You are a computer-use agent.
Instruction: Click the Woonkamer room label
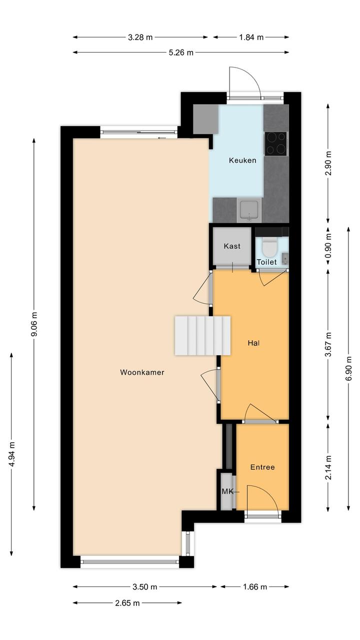pyautogui.click(x=142, y=372)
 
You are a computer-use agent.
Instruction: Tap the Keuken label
pyautogui.click(x=242, y=160)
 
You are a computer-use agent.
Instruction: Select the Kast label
pyautogui.click(x=232, y=246)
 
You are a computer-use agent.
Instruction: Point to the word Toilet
pyautogui.click(x=266, y=262)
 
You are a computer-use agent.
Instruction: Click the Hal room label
pyautogui.click(x=253, y=343)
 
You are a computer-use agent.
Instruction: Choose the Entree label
pyautogui.click(x=262, y=467)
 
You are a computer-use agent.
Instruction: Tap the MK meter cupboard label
pyautogui.click(x=227, y=491)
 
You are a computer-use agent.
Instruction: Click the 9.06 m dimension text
pyautogui.click(x=34, y=324)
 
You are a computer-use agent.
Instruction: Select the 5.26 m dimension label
pyautogui.click(x=181, y=53)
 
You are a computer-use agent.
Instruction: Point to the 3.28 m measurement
pyautogui.click(x=140, y=38)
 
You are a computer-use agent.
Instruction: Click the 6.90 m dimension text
pyautogui.click(x=348, y=369)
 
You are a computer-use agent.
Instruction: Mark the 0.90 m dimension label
pyautogui.click(x=328, y=246)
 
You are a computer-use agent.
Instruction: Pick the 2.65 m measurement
pyautogui.click(x=127, y=603)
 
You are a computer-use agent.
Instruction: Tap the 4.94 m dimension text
pyautogui.click(x=11, y=454)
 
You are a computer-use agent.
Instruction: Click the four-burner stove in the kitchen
pyautogui.click(x=275, y=144)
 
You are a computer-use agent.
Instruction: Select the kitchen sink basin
pyautogui.click(x=249, y=210)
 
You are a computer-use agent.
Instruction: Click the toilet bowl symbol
pyautogui.click(x=268, y=248)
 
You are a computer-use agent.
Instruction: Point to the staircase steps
pyautogui.click(x=202, y=335)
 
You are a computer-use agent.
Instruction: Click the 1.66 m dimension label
pyautogui.click(x=254, y=587)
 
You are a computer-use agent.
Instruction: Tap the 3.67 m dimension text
pyautogui.click(x=328, y=345)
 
